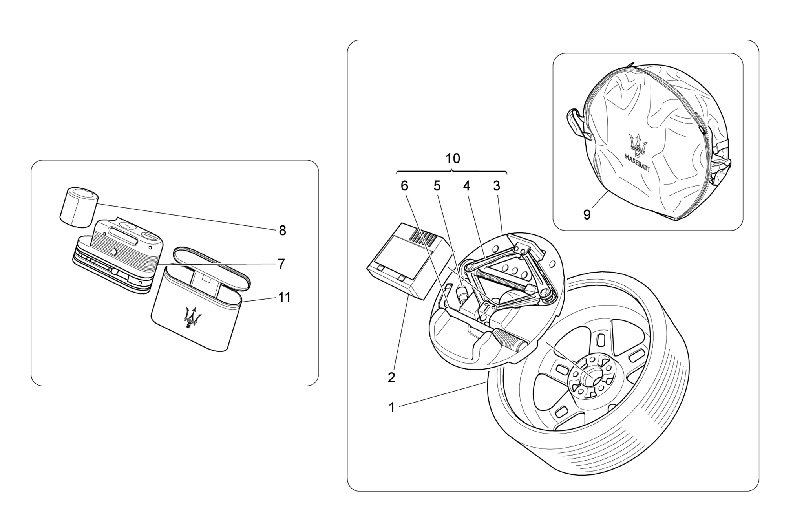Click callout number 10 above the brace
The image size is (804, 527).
point(452,159)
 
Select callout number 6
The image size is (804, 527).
point(404,186)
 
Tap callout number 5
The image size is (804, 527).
point(437,186)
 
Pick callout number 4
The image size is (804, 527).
point(466,186)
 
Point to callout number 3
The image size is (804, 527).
point(497,186)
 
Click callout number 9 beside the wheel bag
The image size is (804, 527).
point(587,215)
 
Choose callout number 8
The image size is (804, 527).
point(282,231)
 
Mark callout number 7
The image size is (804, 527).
point(281,264)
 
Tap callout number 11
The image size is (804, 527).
point(284,298)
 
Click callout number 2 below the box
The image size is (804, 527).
point(391,378)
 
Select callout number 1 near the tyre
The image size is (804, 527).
point(391,408)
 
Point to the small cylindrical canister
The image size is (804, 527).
point(79,207)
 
